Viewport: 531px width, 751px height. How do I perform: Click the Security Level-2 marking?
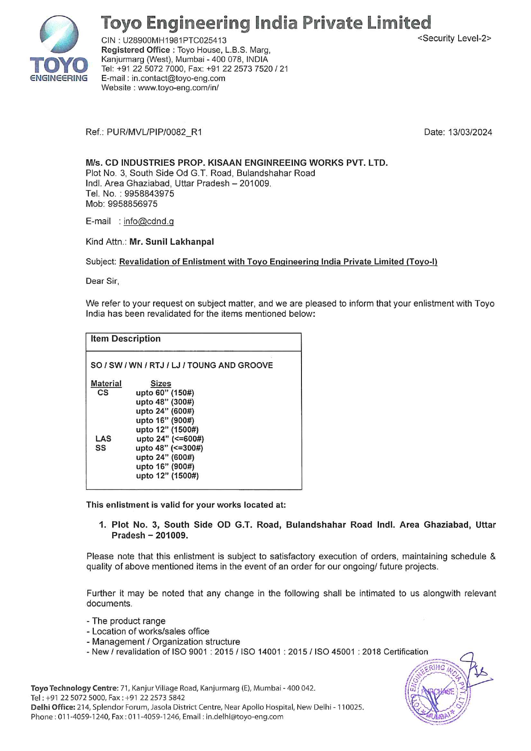click(x=454, y=39)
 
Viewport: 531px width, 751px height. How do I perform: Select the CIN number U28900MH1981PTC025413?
click(x=175, y=41)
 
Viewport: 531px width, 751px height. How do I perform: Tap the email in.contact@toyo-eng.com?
click(x=178, y=78)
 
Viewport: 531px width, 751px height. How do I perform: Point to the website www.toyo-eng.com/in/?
click(x=178, y=88)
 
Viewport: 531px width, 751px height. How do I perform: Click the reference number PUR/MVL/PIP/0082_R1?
click(x=154, y=132)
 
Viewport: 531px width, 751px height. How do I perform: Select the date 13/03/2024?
click(x=470, y=132)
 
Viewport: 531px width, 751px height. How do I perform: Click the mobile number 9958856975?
click(x=132, y=204)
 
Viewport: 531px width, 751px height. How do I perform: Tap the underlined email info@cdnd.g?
click(x=149, y=222)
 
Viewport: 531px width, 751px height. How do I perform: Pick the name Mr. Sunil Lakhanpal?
click(x=171, y=242)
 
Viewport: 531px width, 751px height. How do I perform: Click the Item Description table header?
click(x=125, y=339)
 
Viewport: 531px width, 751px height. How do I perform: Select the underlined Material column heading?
click(x=106, y=384)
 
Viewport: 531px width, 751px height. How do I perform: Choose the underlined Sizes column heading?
click(x=161, y=384)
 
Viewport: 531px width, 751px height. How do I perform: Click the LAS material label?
click(x=103, y=439)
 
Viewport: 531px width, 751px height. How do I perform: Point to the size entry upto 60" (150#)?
click(x=165, y=393)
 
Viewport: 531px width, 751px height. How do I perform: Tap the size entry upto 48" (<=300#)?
click(x=169, y=448)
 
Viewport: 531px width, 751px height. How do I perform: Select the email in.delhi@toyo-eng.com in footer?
click(x=245, y=717)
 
